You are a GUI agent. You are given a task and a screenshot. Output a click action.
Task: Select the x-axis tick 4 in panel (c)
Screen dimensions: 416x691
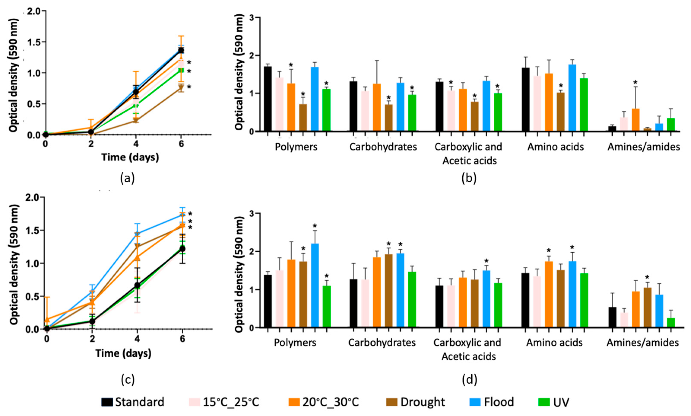click(137, 339)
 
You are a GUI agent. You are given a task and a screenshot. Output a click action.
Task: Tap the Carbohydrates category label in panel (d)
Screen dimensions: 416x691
click(382, 342)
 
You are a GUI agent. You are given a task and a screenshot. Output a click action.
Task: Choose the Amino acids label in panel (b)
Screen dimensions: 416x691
click(556, 147)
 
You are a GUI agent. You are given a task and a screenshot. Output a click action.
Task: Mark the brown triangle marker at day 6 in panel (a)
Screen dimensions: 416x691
click(181, 87)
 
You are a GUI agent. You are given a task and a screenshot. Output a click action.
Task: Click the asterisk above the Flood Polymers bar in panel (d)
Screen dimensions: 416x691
click(315, 226)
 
